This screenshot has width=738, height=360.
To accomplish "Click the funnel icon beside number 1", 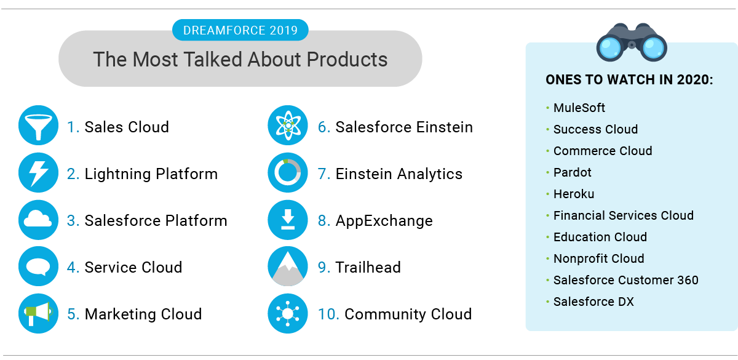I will coord(38,126).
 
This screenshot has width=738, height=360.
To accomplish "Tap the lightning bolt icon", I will coord(38,173).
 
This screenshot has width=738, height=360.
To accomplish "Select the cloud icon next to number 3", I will coord(38,220).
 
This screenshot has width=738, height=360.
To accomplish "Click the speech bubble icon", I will coord(38,266).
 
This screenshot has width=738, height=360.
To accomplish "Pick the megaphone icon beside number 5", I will coord(38,313).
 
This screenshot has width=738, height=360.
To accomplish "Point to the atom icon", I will coord(287,126).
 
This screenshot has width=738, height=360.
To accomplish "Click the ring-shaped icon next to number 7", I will coord(287,173).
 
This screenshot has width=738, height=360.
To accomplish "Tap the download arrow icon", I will coord(287,220).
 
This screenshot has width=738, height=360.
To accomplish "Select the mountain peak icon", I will coord(287,266).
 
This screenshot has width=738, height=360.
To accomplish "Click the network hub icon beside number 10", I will coord(287,313).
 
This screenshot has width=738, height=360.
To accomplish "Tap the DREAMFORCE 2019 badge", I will coord(240,30).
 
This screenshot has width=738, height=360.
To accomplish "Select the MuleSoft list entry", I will coord(579,108).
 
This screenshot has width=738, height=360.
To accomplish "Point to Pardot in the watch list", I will coord(572,172).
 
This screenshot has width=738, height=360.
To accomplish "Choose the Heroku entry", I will coord(574,194).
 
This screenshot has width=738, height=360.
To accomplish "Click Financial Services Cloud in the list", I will coord(623,215).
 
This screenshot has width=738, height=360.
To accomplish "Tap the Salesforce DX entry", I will coord(593,302).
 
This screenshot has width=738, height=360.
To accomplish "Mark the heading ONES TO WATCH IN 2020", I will coord(629,81).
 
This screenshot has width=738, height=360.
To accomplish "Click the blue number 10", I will coord(328,314).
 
